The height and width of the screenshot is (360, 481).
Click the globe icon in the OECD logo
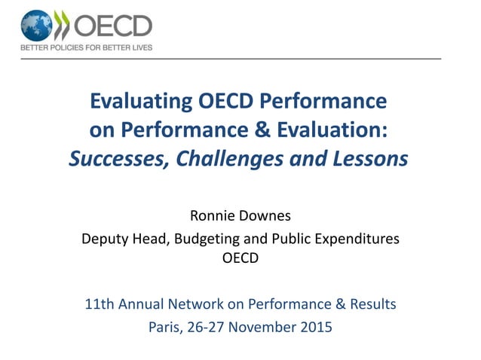36,26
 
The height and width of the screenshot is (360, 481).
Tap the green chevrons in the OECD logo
63,26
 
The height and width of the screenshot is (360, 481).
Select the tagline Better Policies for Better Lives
86,47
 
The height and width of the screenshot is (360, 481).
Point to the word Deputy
103,239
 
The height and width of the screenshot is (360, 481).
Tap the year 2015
317,327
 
